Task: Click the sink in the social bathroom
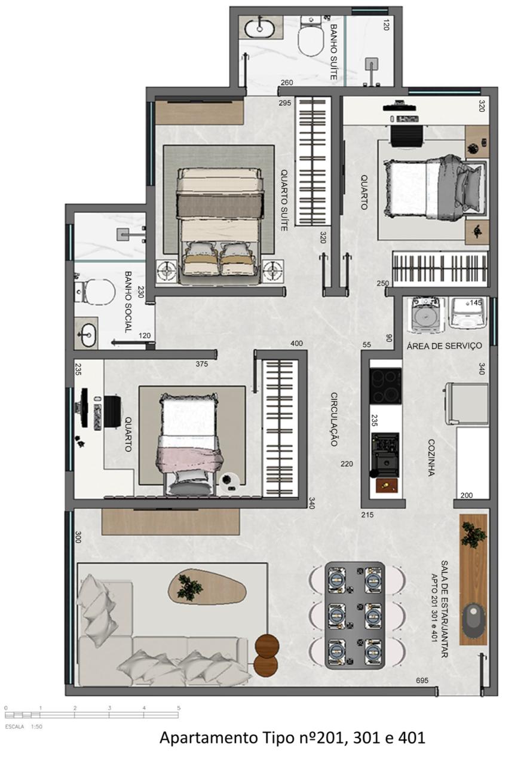[x=87, y=335]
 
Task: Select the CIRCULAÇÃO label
[x=335, y=419]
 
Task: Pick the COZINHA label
[x=431, y=457]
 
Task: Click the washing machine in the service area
[x=426, y=314]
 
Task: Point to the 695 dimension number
[x=423, y=680]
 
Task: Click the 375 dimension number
[x=203, y=363]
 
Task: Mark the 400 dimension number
[x=296, y=344]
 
